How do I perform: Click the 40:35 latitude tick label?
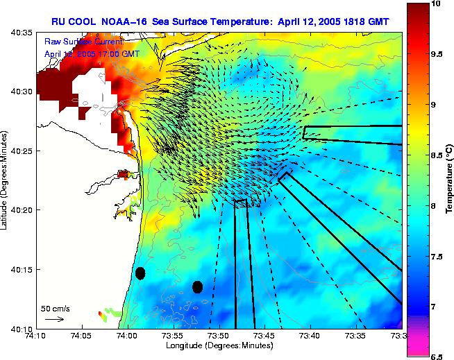22,32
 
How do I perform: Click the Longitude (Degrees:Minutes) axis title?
218,345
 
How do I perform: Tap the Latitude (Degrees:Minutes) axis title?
6,180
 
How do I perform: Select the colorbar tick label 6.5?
436,357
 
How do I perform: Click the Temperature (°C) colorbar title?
450,180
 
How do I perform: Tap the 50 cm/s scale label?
55,308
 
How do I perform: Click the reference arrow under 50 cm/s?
53,319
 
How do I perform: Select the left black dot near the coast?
140,273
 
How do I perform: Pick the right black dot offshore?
197,286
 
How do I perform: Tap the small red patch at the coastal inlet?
124,175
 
